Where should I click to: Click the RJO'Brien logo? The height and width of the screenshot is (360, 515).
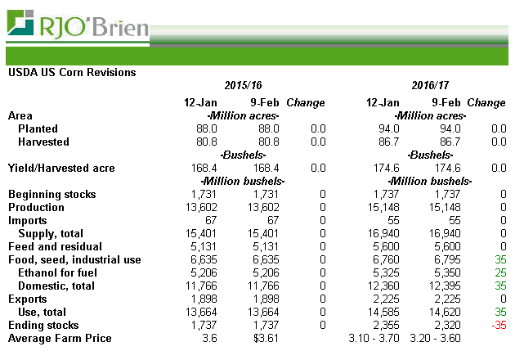[78, 25]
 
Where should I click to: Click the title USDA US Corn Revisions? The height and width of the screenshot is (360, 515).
[71, 73]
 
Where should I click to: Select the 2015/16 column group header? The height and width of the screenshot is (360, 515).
[246, 86]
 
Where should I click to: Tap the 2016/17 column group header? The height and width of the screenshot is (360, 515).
[432, 86]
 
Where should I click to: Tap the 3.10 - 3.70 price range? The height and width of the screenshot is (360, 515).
[373, 338]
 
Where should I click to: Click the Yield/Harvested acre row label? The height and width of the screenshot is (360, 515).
[61, 168]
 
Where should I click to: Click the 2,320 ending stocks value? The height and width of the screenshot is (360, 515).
[446, 325]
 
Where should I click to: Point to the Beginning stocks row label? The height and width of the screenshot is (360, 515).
[51, 194]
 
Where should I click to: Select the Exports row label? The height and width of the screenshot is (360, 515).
[27, 299]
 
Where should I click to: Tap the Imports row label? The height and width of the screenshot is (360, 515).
[28, 220]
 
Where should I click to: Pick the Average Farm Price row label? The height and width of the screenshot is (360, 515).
[59, 338]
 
